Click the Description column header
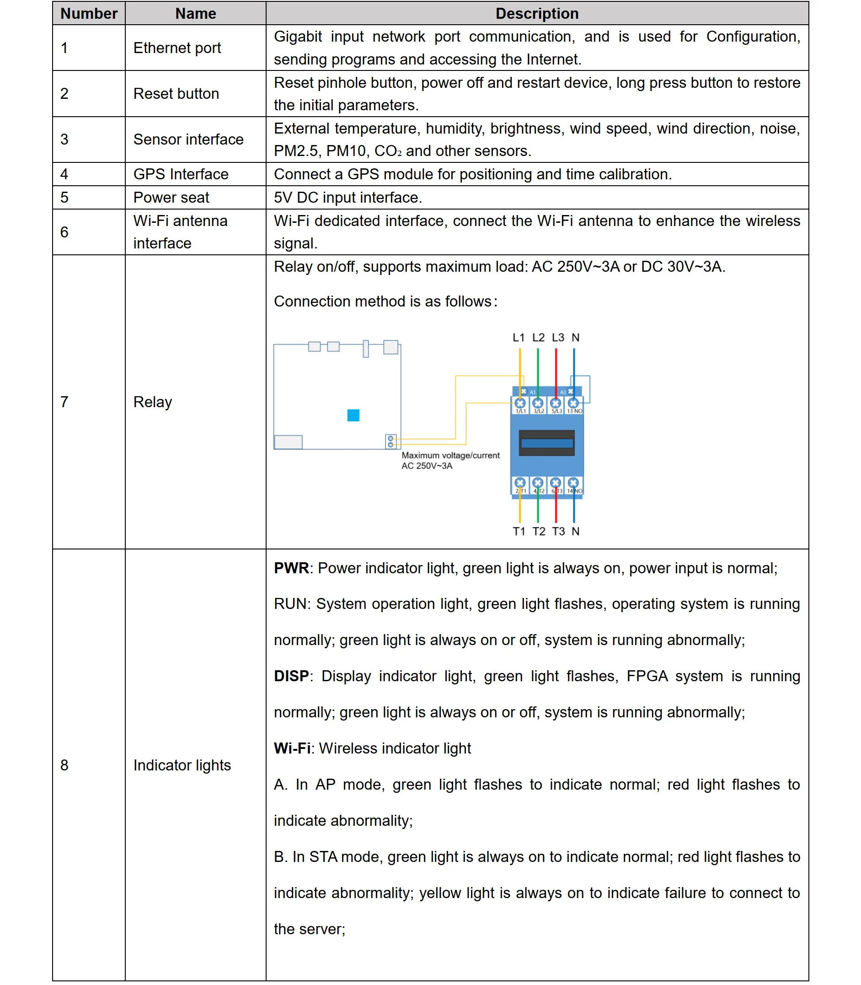537,13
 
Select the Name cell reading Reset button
176,94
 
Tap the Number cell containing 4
64,174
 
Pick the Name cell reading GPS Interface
181,174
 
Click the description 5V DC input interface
348,198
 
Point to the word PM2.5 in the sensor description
296,151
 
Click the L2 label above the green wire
538,338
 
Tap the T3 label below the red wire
558,531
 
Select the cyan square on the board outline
353,415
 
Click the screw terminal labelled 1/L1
520,404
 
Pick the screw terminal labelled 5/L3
556,404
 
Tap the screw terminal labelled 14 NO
573,483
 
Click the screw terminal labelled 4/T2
538,483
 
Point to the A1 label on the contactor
532,392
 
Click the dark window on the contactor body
547,443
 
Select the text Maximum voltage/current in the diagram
450,455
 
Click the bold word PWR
291,568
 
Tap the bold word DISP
291,676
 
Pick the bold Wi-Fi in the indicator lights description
292,748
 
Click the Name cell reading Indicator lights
182,765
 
